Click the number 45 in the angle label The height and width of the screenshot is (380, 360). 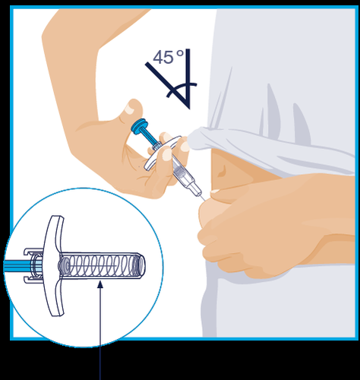coord(163,57)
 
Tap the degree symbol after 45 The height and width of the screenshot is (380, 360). coord(180,53)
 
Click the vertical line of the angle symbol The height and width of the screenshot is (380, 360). coord(188,78)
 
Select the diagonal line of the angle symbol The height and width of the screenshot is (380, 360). coord(167,85)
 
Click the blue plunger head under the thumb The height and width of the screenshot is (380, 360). coord(139,125)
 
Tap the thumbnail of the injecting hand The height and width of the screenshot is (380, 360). coord(131,109)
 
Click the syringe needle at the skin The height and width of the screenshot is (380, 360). coord(202,197)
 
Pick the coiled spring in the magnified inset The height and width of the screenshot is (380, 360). coord(101,265)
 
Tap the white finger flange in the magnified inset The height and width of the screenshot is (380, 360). coord(53,265)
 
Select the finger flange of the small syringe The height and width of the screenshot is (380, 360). coord(162,153)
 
